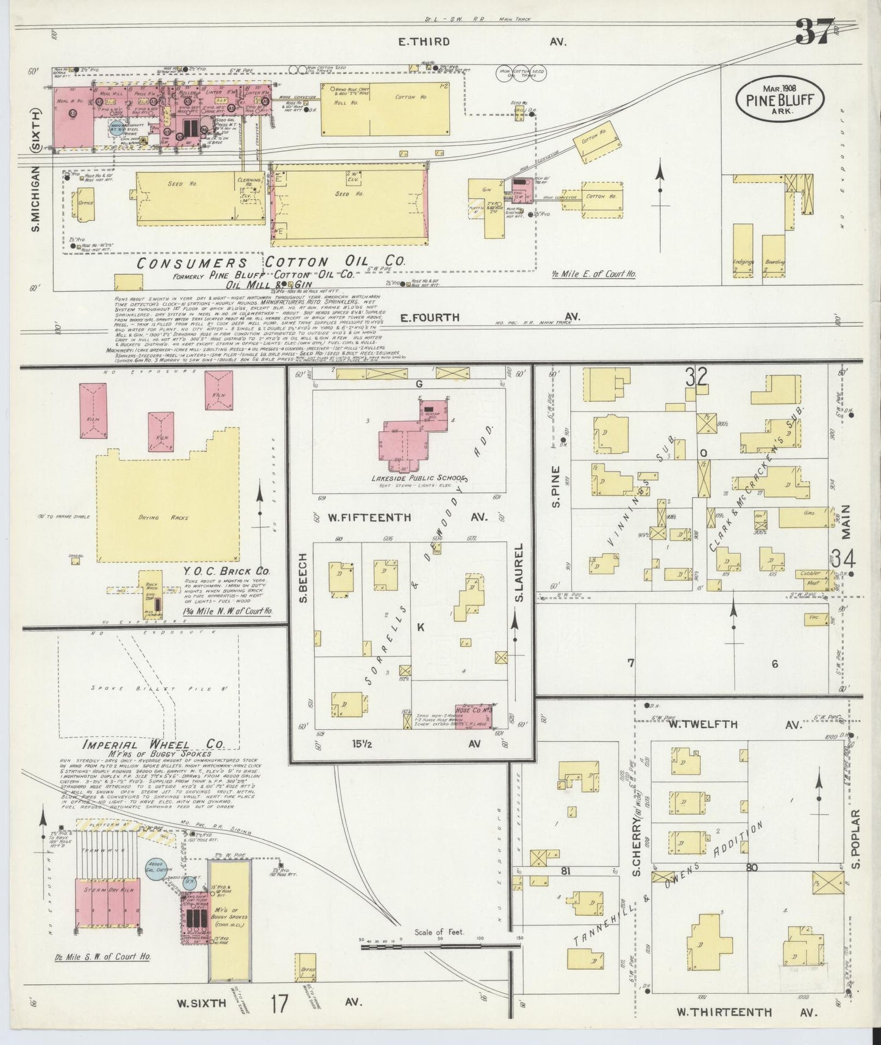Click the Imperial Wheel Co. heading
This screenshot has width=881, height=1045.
(153, 744)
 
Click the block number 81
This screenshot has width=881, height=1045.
(565, 871)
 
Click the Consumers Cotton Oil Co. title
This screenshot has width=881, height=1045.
(271, 262)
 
